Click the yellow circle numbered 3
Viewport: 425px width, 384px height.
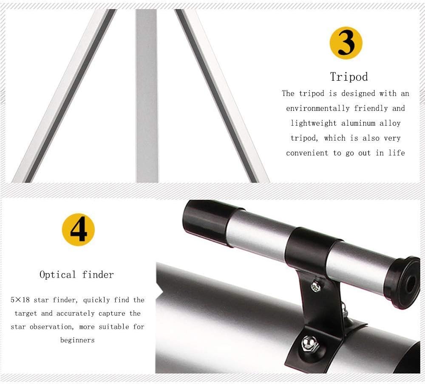[346, 43]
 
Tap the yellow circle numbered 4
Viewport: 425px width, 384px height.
[78, 229]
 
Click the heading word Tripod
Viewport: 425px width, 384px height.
[349, 77]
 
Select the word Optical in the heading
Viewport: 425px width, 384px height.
[57, 275]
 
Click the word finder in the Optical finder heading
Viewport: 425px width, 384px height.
[98, 274]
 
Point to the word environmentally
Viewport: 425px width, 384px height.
[317, 108]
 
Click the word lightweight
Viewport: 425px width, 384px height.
[314, 123]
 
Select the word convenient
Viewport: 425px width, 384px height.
[307, 153]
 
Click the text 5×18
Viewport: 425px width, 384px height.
[20, 300]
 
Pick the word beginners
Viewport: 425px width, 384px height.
[77, 340]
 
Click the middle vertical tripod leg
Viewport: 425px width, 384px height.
[147, 96]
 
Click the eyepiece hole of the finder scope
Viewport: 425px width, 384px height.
[411, 283]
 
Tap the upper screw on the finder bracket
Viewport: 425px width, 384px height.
[315, 286]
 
